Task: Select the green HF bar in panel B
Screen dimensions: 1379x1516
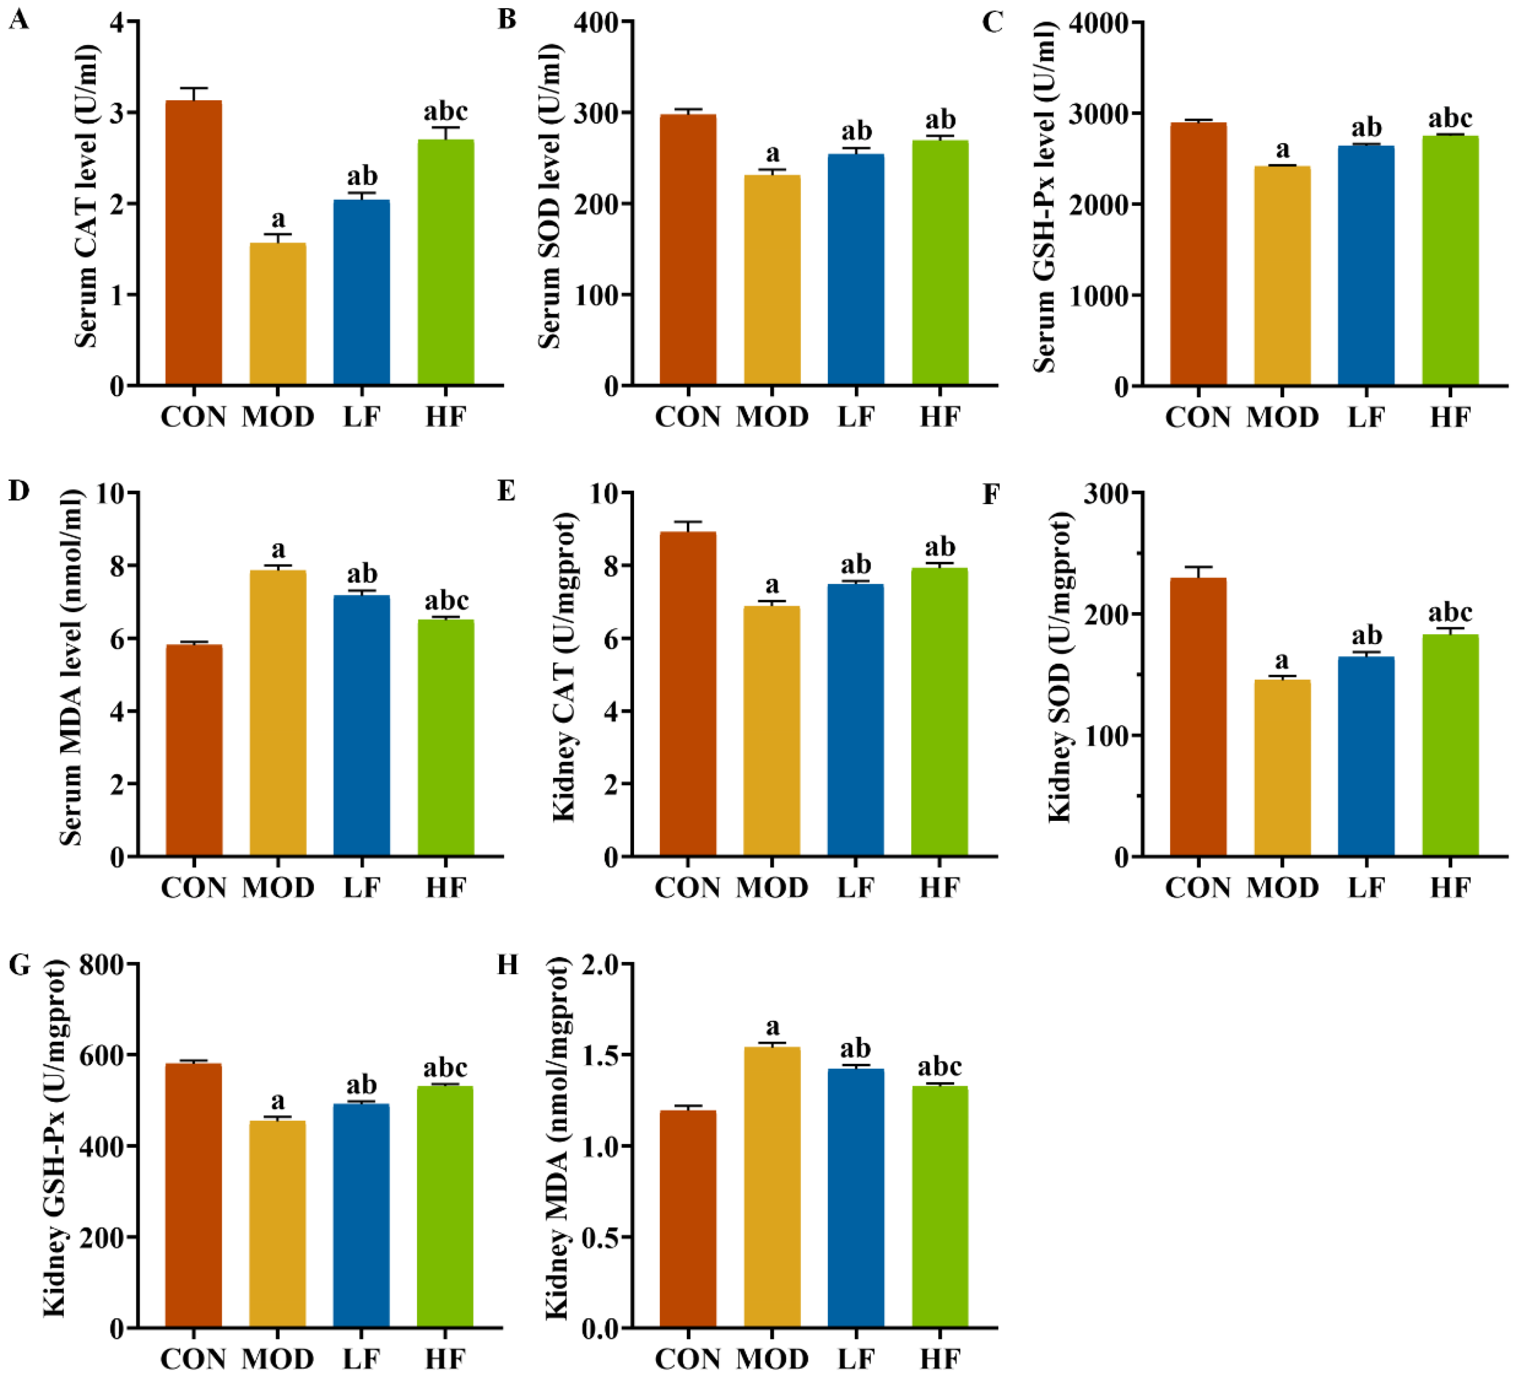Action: [940, 263]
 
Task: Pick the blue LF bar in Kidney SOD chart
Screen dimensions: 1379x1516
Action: [1366, 756]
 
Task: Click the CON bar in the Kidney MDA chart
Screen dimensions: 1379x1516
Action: [687, 1218]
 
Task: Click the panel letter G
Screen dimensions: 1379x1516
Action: [19, 965]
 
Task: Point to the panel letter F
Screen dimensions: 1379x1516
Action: [991, 495]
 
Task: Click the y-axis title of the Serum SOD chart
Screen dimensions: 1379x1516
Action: [550, 197]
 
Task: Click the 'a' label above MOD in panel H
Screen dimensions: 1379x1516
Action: [772, 1026]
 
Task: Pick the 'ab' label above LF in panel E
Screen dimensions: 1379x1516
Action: [856, 564]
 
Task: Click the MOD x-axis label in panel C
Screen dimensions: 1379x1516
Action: [1282, 417]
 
